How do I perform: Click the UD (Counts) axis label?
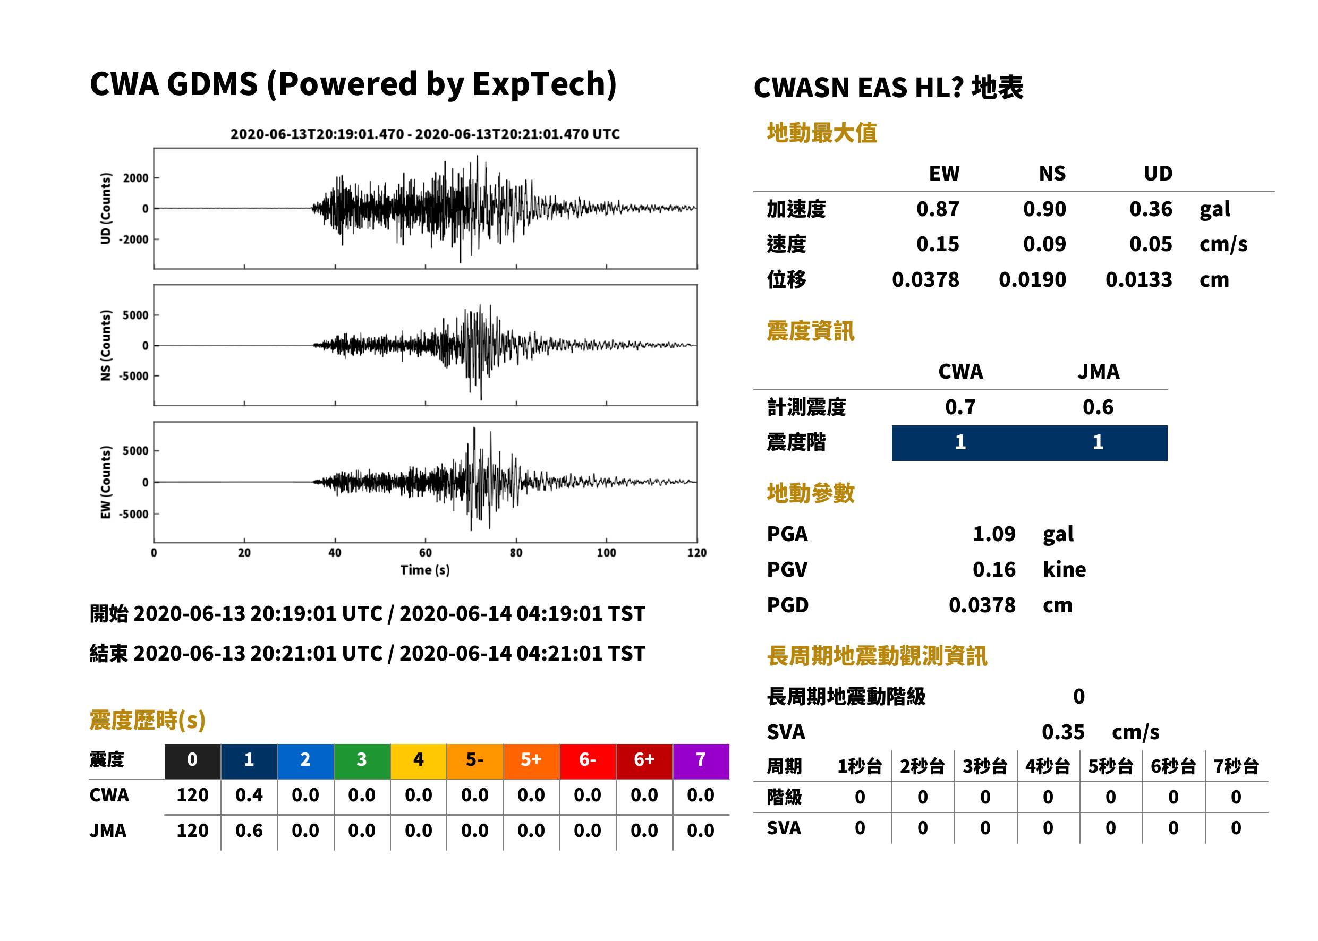click(106, 209)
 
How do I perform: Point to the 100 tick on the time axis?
click(606, 553)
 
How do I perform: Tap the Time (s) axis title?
click(425, 570)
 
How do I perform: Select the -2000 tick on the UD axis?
click(134, 239)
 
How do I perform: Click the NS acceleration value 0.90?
click(1044, 209)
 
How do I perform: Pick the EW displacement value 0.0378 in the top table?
click(925, 280)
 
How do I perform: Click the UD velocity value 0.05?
click(1151, 244)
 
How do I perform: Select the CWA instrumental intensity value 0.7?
click(960, 407)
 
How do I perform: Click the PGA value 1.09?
click(994, 534)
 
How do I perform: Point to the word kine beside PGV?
click(1064, 570)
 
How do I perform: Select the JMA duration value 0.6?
click(249, 831)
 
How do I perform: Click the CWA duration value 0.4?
click(249, 795)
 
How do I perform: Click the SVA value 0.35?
click(1063, 732)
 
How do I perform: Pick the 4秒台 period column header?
click(1047, 767)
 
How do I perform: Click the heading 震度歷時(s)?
click(148, 720)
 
